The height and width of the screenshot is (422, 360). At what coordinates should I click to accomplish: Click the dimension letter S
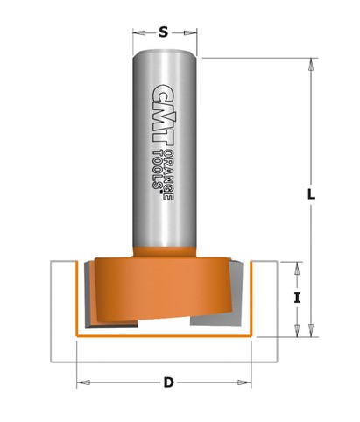click(164, 32)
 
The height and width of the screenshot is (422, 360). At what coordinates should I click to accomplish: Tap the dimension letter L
click(311, 194)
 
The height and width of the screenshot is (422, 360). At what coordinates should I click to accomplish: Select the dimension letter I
click(297, 298)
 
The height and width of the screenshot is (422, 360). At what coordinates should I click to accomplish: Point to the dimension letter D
click(168, 383)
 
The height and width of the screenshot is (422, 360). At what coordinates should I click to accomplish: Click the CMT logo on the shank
click(163, 114)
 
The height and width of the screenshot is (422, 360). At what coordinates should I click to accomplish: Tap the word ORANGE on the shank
click(169, 175)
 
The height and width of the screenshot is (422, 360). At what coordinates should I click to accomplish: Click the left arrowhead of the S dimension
click(138, 32)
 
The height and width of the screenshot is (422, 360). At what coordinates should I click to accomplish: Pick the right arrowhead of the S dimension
click(190, 32)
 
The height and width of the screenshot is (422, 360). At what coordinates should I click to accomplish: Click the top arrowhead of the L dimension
click(311, 64)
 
